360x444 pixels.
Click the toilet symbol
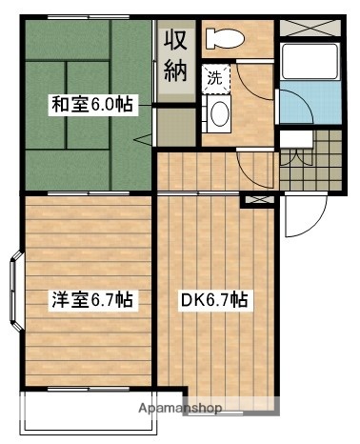[x=225, y=38]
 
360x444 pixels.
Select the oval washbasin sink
[x=220, y=116]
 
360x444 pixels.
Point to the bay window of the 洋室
[x=16, y=286]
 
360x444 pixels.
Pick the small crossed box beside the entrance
[x=255, y=200]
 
